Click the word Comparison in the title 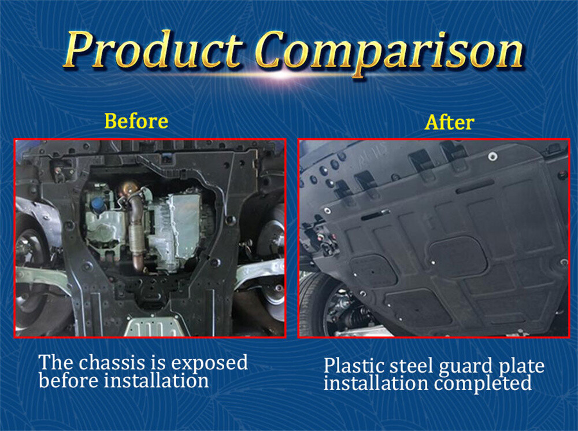[388, 50]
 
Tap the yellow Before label [136, 121]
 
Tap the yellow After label [449, 123]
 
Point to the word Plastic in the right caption [353, 366]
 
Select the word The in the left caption [55, 363]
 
